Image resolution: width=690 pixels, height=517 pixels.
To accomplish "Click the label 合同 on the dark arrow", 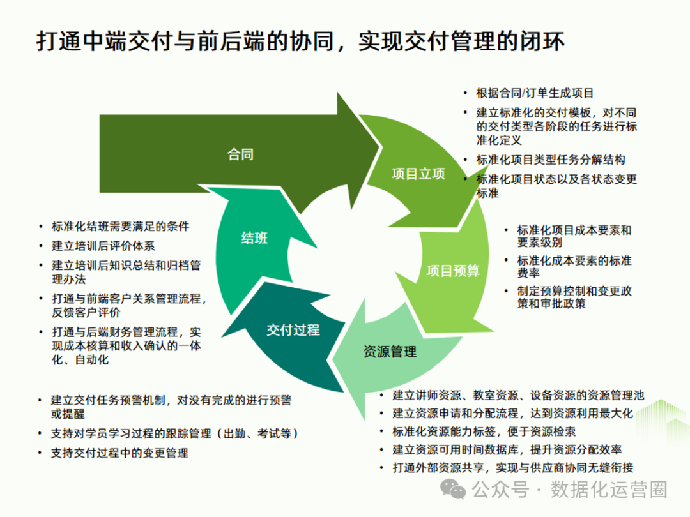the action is coord(240,154).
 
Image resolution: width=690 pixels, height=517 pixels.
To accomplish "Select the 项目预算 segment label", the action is coord(453,271).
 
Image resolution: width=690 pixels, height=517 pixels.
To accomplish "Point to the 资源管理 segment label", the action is coord(390,351).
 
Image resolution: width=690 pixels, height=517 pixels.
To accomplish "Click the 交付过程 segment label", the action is coord(293,329).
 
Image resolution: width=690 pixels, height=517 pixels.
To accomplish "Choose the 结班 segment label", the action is coord(254,239).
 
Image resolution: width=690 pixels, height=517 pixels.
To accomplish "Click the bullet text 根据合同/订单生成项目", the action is coord(535,93).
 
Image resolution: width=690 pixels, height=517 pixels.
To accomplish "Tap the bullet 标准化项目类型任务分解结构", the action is coord(551,160).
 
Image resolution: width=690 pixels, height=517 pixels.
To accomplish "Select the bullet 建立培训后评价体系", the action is coord(103,245).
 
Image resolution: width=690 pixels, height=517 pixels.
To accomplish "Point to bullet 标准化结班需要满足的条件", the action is coord(120,227).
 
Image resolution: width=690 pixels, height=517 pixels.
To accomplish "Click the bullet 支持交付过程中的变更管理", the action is coord(120,453).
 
